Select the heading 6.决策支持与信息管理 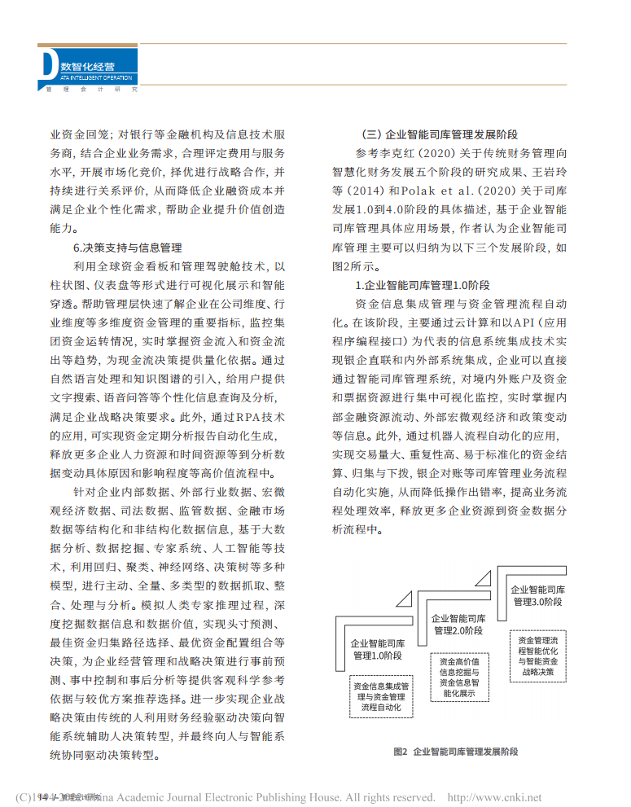[x=127, y=248]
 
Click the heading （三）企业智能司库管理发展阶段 [x=440, y=134]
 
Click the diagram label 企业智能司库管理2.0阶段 [x=458, y=625]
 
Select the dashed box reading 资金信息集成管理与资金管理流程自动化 [x=380, y=697]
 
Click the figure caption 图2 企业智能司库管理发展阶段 [x=455, y=751]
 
